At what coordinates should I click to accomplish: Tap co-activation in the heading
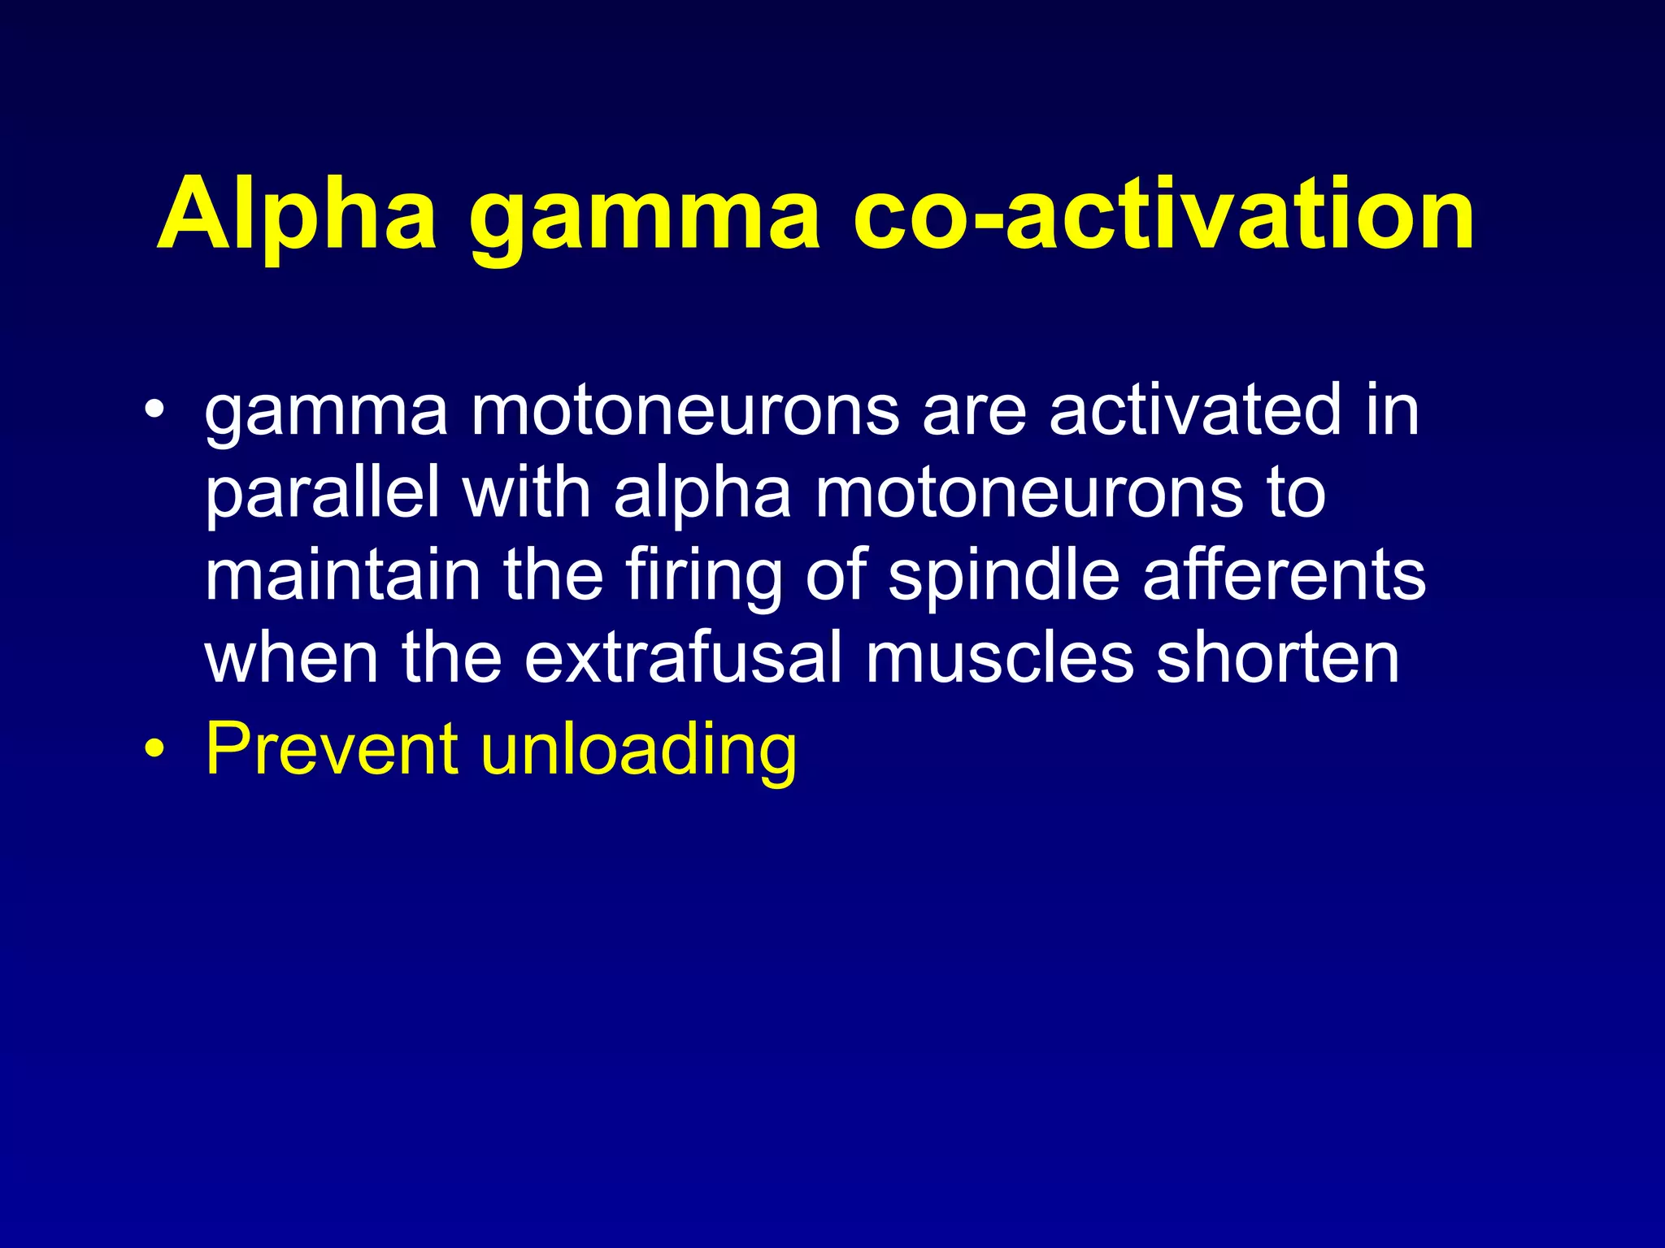coord(1163,214)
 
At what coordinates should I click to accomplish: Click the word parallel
coord(322,495)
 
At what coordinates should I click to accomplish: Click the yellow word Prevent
coord(332,747)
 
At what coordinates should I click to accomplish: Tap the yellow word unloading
coord(639,751)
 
